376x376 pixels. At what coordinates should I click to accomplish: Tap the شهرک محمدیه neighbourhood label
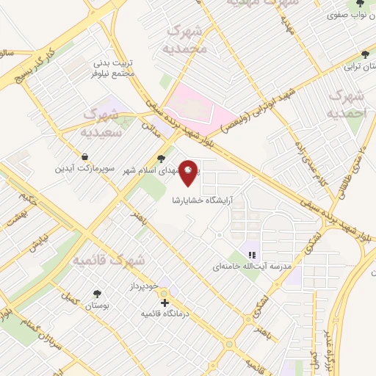[x=187, y=39]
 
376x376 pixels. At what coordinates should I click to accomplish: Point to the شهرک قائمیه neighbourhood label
[x=109, y=261]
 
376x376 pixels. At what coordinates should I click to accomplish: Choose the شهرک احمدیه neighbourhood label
[x=347, y=104]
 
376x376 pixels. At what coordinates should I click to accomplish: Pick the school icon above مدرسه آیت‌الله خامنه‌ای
[x=253, y=254]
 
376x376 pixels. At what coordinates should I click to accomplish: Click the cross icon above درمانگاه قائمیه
[x=165, y=302]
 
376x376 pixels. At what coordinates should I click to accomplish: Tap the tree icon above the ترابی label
[x=365, y=54]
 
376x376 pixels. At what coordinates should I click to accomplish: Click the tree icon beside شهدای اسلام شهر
[x=162, y=159]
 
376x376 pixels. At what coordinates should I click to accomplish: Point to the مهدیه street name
[x=287, y=28]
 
